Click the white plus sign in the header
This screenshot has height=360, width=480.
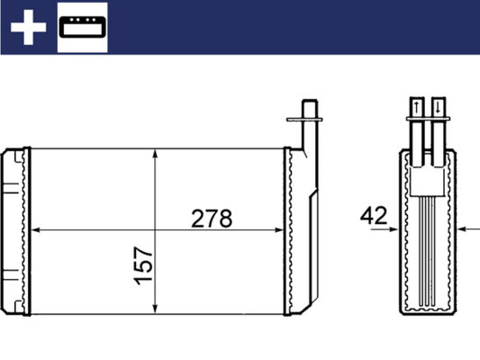(x=27, y=27)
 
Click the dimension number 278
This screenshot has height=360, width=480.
(x=213, y=218)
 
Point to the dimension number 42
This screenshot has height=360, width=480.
(x=373, y=216)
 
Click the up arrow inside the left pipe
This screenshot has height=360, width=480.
(x=417, y=108)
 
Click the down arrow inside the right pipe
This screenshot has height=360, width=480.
(x=438, y=108)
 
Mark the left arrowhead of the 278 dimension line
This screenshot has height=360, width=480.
(x=36, y=231)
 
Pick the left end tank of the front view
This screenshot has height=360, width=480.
(x=15, y=231)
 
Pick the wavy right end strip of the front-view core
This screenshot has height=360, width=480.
(x=290, y=231)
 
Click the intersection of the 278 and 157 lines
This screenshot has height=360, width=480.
(x=158, y=231)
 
